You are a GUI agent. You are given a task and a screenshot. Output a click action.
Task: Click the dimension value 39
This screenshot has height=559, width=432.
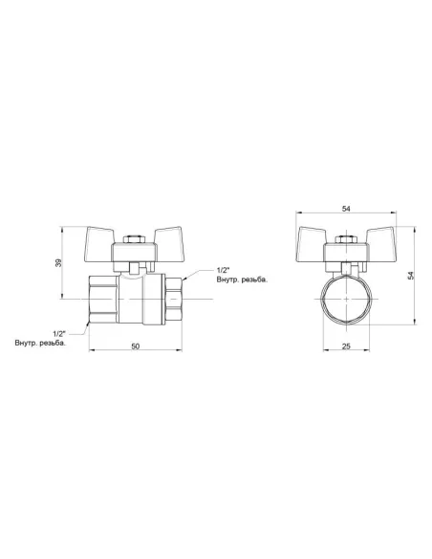tap(58, 262)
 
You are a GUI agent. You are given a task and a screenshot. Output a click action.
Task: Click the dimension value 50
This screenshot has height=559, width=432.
tap(136, 346)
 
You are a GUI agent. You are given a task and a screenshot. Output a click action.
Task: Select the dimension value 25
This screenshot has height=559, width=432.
tap(346, 346)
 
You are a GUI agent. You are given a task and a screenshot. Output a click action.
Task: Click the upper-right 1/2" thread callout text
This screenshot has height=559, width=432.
tap(224, 269)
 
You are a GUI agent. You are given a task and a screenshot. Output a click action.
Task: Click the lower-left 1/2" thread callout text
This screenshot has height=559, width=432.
tap(59, 334)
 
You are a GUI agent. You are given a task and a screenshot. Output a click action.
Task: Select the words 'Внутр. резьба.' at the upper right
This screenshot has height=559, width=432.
tap(242, 279)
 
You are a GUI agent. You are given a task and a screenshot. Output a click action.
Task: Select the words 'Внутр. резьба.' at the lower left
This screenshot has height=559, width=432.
tap(40, 344)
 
